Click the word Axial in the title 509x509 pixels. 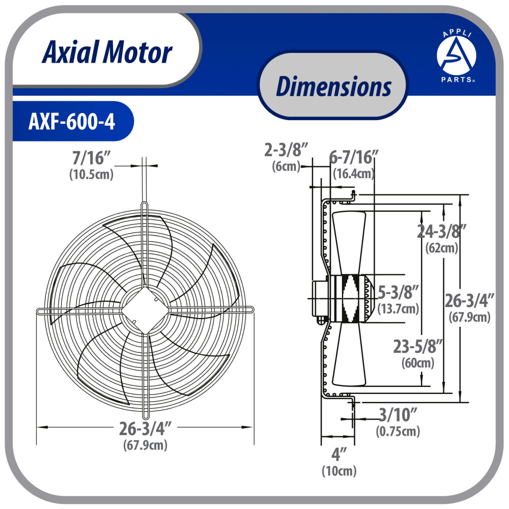point(70,52)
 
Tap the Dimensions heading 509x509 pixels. point(333,87)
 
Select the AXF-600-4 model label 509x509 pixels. point(72,122)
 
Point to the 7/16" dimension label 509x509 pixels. point(91,158)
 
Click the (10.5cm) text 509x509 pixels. point(91,174)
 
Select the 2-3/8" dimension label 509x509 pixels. point(286,150)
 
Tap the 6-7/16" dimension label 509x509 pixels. point(354,157)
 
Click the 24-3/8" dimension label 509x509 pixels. point(441,231)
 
